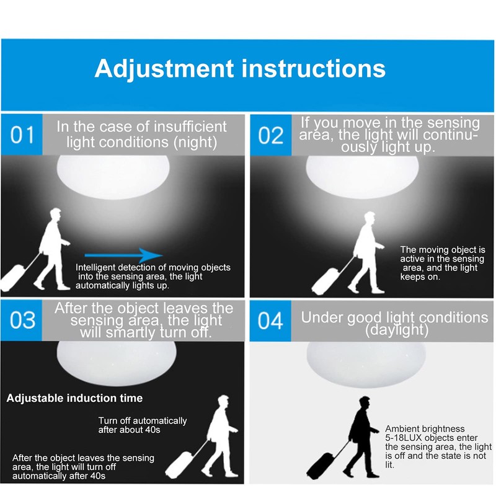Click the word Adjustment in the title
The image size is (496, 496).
(x=164, y=69)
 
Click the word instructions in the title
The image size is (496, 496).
(x=314, y=68)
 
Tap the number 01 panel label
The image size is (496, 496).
(x=22, y=135)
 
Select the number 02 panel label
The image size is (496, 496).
(x=271, y=135)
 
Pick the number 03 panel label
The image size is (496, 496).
(x=22, y=320)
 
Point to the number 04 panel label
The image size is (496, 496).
(x=270, y=321)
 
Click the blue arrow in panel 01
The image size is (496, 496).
(x=123, y=255)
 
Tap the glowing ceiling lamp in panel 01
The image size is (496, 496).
(x=113, y=177)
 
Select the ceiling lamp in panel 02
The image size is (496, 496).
(x=363, y=177)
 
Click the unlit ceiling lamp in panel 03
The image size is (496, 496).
(x=117, y=363)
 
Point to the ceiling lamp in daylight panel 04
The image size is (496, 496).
(x=366, y=364)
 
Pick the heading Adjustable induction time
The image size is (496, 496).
(x=74, y=398)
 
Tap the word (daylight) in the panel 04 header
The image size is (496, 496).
(x=397, y=330)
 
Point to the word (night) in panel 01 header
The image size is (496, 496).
(x=195, y=143)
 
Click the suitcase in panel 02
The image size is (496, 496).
(x=325, y=281)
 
